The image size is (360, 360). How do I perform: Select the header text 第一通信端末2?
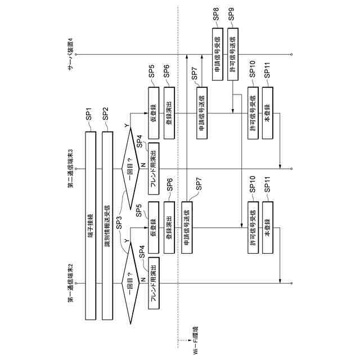70,282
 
